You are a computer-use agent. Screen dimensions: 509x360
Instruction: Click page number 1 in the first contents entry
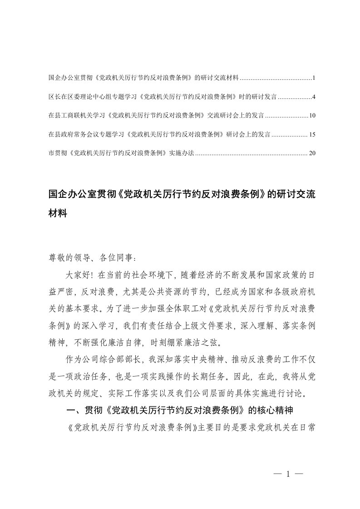pos(314,78)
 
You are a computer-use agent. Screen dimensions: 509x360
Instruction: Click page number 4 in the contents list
pos(314,97)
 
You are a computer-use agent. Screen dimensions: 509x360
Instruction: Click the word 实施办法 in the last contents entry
pos(181,153)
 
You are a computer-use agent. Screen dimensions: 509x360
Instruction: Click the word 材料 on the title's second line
pos(58,213)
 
